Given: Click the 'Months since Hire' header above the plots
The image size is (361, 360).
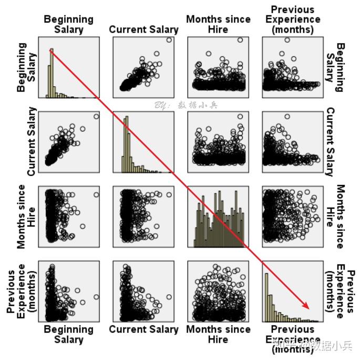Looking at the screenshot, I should click(x=218, y=24).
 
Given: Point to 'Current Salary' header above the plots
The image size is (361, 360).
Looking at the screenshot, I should click(x=143, y=29).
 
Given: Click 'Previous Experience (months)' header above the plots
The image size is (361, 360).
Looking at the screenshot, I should click(x=293, y=19).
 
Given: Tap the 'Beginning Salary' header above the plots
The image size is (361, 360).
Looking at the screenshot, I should click(x=69, y=24).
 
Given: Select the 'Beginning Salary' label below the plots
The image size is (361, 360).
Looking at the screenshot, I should click(x=69, y=334).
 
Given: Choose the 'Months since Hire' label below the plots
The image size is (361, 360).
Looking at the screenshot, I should click(x=218, y=334).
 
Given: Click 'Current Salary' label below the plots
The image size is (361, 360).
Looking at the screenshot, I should click(x=143, y=330).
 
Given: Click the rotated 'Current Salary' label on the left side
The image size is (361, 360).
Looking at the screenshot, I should click(x=32, y=141).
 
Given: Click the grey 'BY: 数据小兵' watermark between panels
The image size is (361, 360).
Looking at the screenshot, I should click(x=185, y=105).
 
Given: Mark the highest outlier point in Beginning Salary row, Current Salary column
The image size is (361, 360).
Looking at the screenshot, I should click(x=169, y=40).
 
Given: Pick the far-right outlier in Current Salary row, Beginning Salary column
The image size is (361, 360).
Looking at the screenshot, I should click(x=96, y=117).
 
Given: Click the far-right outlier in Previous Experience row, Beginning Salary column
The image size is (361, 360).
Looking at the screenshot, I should click(x=96, y=297).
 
